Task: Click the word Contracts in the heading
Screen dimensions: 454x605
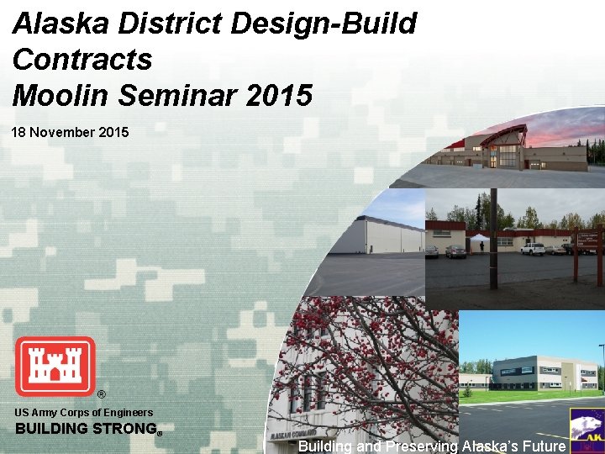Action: point(82,60)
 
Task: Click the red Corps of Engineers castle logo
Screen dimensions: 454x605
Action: point(55,366)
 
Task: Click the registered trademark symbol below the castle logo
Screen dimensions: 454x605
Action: point(101,394)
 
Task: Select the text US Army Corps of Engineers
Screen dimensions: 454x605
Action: point(84,412)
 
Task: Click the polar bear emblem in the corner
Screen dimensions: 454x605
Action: point(587,429)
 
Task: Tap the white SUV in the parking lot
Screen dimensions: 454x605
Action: point(533,248)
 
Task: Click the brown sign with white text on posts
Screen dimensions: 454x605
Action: point(587,239)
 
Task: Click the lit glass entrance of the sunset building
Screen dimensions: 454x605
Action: point(508,155)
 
